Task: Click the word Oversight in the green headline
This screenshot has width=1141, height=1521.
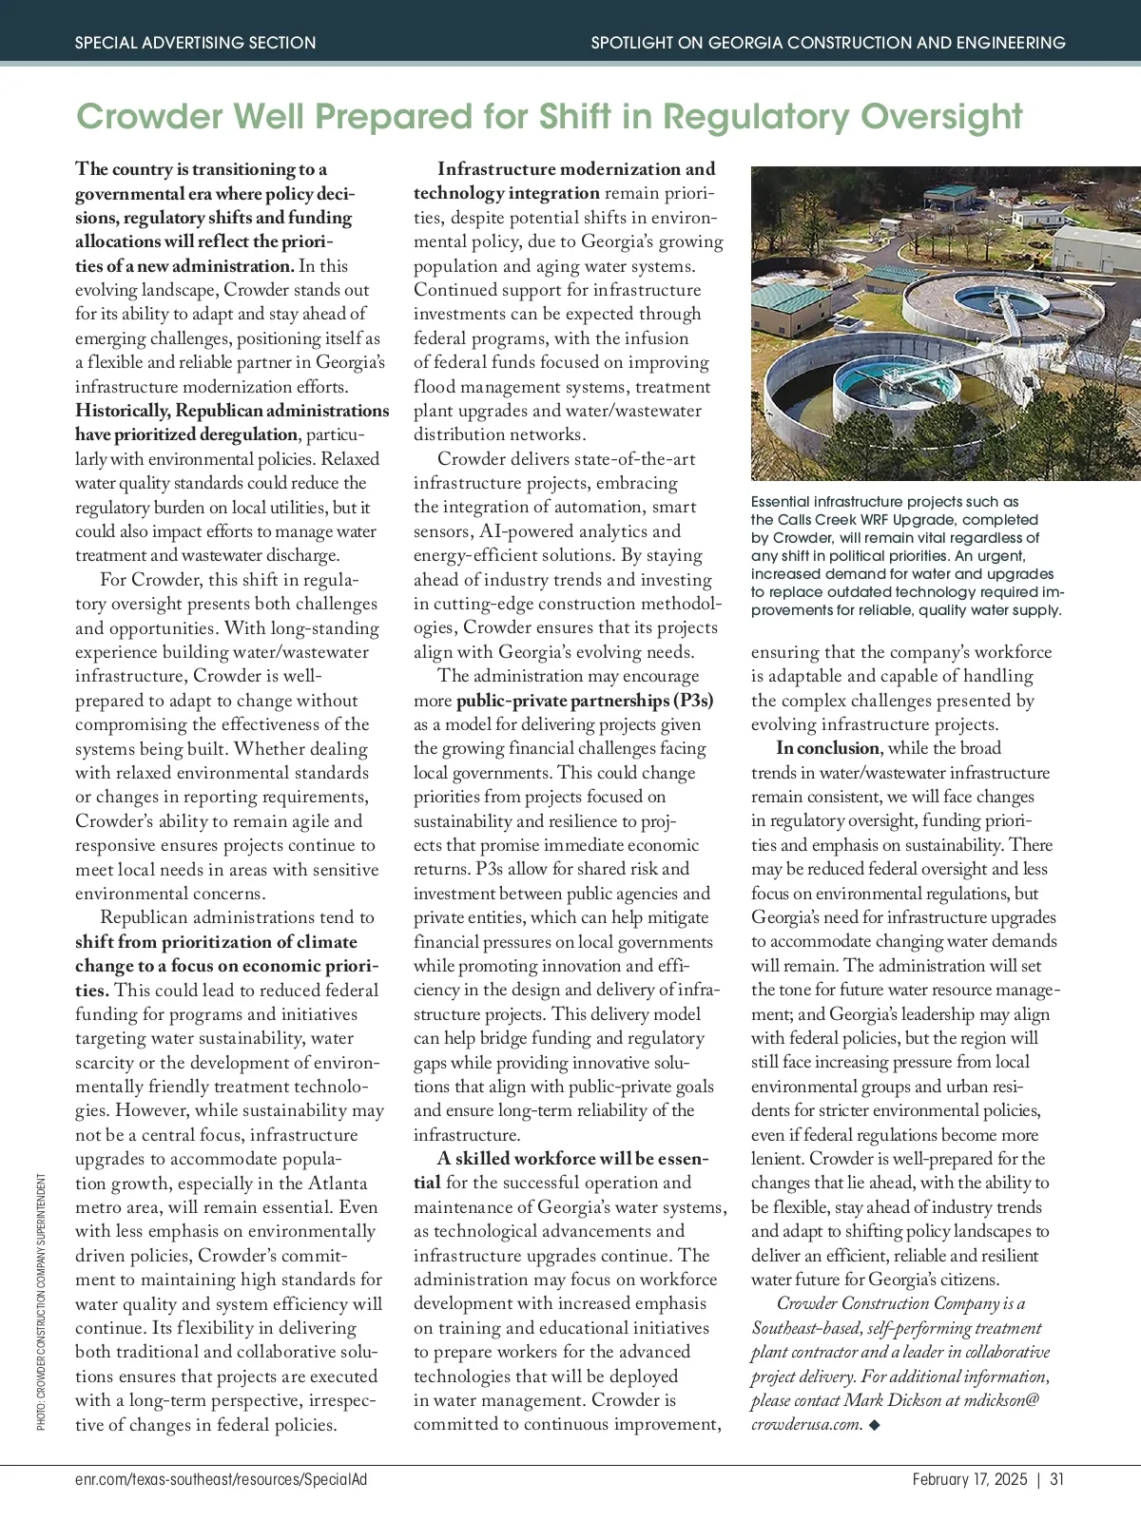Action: (941, 117)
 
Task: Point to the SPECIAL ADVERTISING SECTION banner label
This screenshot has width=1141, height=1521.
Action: (195, 43)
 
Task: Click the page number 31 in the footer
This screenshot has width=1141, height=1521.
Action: (1057, 1479)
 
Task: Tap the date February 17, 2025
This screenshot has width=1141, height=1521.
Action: (969, 1479)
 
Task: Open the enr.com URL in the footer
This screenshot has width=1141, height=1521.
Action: (221, 1479)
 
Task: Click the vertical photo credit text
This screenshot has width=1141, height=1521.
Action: (42, 1301)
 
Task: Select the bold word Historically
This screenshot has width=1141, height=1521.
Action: (123, 411)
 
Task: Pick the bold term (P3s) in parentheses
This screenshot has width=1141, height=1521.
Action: (692, 701)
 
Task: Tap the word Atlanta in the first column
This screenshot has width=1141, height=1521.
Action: (337, 1184)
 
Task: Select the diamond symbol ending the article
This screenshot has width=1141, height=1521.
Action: (875, 1425)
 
